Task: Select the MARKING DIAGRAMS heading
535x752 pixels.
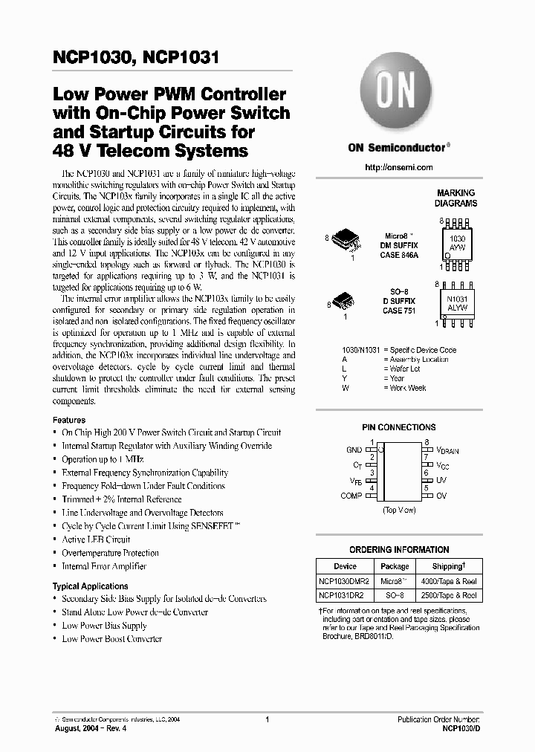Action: (456, 198)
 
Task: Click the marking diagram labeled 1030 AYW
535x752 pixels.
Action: (456, 244)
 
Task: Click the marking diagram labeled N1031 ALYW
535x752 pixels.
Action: (456, 302)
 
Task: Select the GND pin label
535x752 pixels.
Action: (354, 450)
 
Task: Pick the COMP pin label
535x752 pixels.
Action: (351, 496)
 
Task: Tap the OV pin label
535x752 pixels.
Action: (441, 496)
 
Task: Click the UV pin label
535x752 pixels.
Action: (441, 481)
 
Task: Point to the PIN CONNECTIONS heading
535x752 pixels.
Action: (398, 428)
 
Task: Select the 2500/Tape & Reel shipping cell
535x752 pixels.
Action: (449, 595)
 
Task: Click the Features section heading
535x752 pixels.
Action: (68, 420)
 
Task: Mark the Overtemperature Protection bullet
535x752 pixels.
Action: (110, 553)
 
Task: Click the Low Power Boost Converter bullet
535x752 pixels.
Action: (111, 639)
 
